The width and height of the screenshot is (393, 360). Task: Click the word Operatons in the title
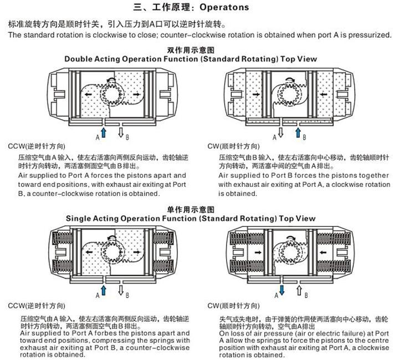click(224, 7)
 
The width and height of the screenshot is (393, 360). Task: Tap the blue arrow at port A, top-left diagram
click(104, 132)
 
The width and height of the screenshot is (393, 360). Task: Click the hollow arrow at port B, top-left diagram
click(121, 132)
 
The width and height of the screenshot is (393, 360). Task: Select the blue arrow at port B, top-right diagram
click(298, 132)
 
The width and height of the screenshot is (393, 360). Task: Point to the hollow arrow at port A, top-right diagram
click(280, 132)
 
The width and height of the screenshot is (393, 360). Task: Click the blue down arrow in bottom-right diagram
click(282, 290)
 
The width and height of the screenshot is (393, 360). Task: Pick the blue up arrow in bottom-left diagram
click(104, 290)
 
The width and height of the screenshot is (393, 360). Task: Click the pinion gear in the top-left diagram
click(112, 95)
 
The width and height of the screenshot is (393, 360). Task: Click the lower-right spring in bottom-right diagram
click(334, 267)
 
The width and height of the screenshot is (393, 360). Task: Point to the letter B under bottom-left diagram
click(127, 295)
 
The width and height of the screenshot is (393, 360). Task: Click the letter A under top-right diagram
click(275, 137)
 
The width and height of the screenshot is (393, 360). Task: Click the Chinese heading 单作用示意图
click(191, 210)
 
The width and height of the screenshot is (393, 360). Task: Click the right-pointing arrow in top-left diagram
click(136, 95)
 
